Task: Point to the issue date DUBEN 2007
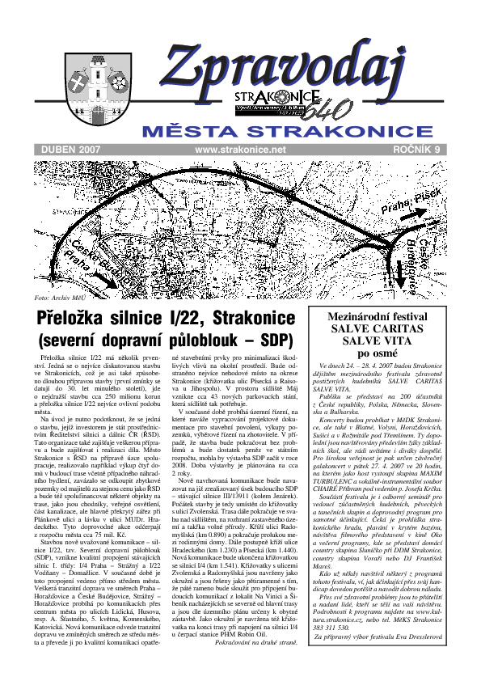pos(70,150)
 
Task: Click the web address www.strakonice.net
pos(241,150)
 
